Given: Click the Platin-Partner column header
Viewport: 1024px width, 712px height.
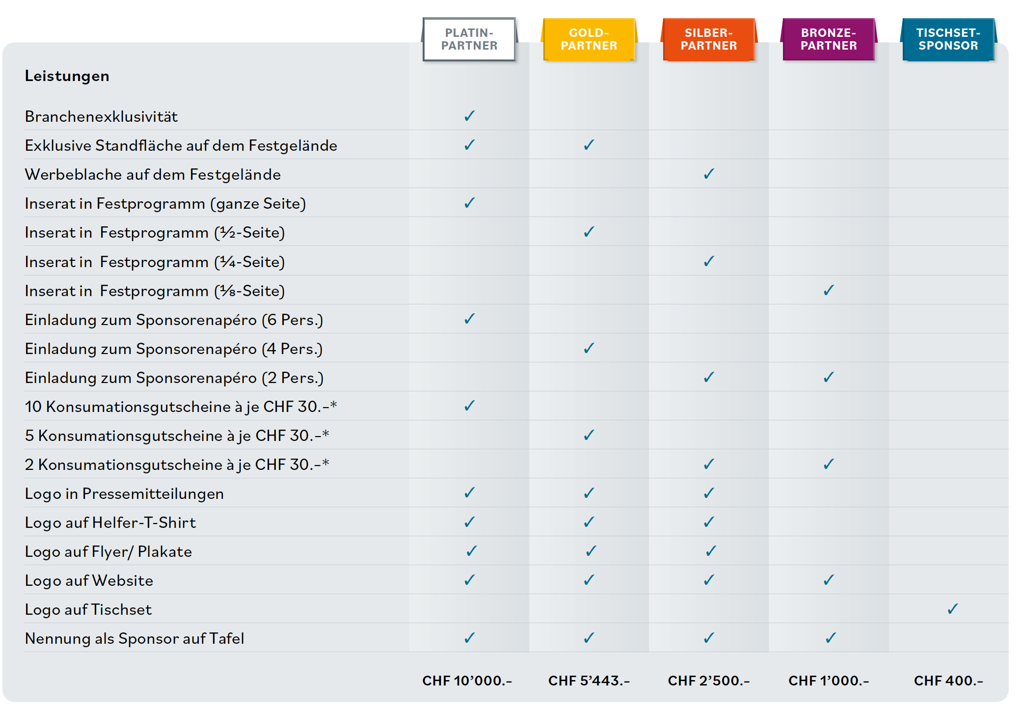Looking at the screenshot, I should point(469,39).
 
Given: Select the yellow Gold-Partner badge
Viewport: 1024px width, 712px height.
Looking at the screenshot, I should point(589,39).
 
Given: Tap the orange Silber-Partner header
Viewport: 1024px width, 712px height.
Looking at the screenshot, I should point(708,39).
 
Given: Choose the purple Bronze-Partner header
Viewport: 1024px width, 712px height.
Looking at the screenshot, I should point(828,39).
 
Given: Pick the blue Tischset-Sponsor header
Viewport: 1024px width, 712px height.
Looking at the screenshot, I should point(948,39).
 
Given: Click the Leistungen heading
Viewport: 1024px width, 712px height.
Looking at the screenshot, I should point(67,76).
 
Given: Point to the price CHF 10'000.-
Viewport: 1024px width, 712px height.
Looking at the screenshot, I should point(467,681).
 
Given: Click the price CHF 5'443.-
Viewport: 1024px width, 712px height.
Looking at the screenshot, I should point(589,681).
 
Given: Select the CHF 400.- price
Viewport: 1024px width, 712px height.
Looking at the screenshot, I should point(948,681).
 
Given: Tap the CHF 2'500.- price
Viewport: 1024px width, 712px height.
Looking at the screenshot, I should point(708,681).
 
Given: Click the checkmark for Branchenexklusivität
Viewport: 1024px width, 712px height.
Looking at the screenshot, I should point(469,116).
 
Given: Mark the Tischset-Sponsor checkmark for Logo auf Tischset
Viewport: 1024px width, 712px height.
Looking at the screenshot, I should point(952,609).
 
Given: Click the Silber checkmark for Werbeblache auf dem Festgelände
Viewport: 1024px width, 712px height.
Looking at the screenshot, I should point(708,174).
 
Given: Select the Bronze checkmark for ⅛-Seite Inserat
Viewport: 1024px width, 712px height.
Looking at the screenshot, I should point(828,290).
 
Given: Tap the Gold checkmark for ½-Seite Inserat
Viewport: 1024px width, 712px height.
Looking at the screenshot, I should point(589,232).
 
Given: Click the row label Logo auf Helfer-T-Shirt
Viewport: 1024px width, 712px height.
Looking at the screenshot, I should point(110,522).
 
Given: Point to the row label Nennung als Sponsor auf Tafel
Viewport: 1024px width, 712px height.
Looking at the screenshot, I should point(135,638).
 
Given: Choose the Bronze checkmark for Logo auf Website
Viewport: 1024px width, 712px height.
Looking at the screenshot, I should point(828,580).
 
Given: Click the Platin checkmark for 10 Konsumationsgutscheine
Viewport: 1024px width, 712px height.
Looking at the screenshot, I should point(469,406).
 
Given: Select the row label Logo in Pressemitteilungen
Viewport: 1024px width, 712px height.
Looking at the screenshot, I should point(124,493).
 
